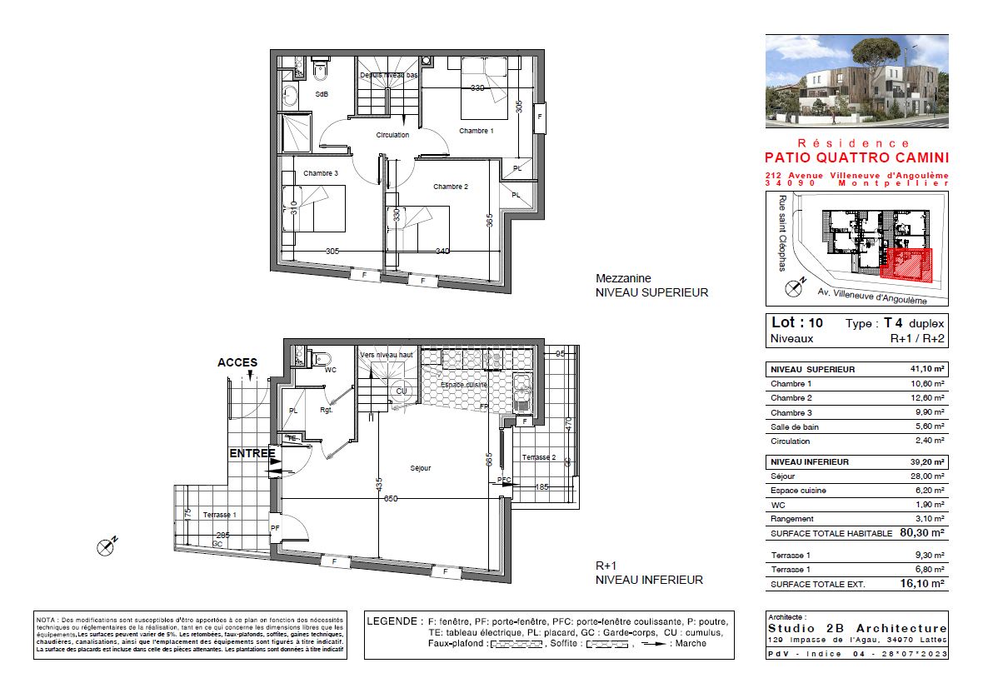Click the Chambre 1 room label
click(x=477, y=131)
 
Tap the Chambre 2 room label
click(x=450, y=187)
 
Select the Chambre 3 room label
click(x=320, y=173)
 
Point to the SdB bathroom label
click(x=322, y=94)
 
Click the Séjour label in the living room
click(x=421, y=468)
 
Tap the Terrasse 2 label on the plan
click(x=538, y=457)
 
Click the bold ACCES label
click(x=237, y=362)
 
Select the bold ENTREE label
click(x=252, y=453)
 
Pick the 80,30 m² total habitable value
click(x=921, y=533)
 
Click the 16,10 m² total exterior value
click(x=921, y=585)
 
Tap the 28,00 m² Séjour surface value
click(x=926, y=476)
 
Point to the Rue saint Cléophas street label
click(x=781, y=233)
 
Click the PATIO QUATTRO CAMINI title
click(x=856, y=157)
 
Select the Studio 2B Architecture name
click(x=856, y=628)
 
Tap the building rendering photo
click(x=856, y=81)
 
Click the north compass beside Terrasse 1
click(x=107, y=546)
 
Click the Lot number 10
click(x=817, y=322)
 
